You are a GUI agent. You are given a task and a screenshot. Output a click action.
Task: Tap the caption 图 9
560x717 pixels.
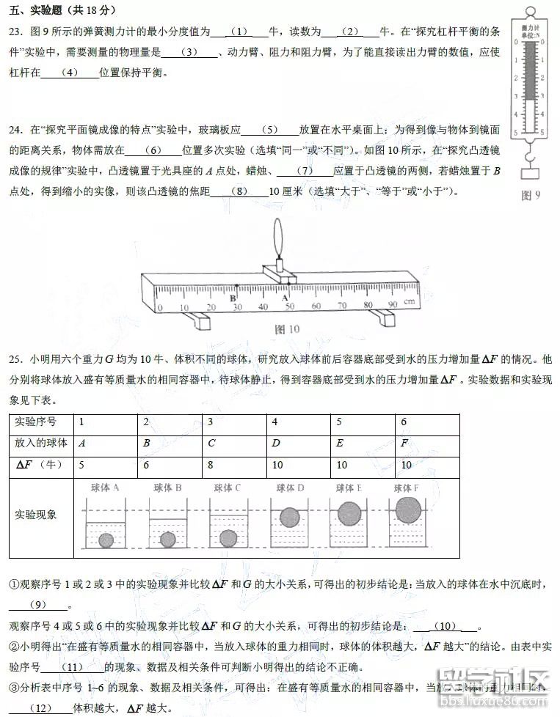pyautogui.click(x=530, y=195)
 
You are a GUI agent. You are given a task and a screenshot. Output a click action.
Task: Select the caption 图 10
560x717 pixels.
pyautogui.click(x=287, y=329)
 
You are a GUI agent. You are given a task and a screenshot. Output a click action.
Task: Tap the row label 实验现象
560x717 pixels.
pyautogui.click(x=35, y=514)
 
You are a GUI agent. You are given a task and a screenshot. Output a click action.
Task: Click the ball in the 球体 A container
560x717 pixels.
pyautogui.click(x=106, y=540)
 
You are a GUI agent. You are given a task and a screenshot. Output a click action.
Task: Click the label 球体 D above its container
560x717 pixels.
pyautogui.click(x=290, y=488)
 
